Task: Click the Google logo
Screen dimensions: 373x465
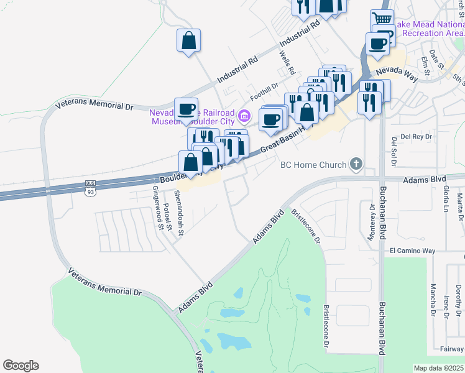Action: pyautogui.click(x=21, y=366)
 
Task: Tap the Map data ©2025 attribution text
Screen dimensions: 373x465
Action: pyautogui.click(x=438, y=368)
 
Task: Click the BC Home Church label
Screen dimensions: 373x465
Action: pyautogui.click(x=313, y=165)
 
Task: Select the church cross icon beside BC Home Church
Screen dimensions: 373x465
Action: pyautogui.click(x=356, y=164)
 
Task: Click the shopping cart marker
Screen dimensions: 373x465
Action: pyautogui.click(x=382, y=20)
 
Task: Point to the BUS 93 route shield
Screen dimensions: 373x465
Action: pyautogui.click(x=90, y=186)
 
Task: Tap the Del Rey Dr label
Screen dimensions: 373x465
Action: pyautogui.click(x=416, y=136)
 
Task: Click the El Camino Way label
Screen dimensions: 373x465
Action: pyautogui.click(x=412, y=251)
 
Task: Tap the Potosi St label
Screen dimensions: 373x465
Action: pyautogui.click(x=168, y=216)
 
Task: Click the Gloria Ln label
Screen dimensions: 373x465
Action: pyautogui.click(x=446, y=200)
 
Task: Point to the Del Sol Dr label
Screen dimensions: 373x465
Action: pyautogui.click(x=394, y=153)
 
